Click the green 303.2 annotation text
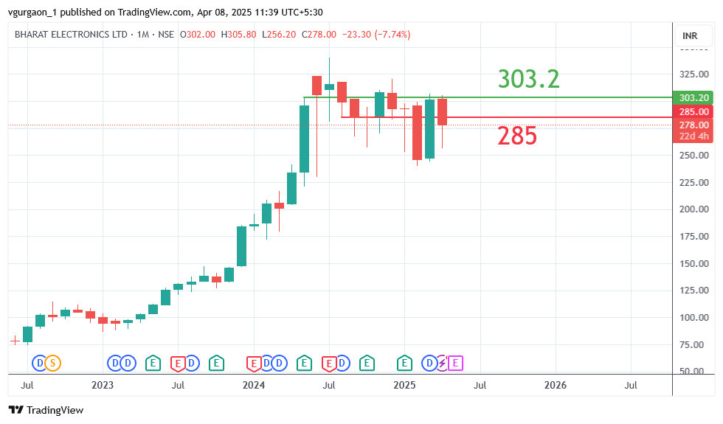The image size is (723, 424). tap(528, 79)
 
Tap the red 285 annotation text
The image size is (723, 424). tap(516, 136)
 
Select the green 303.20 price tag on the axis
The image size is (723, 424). tap(693, 98)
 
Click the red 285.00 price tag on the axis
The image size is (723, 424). tap(693, 112)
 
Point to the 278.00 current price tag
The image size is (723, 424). tap(693, 125)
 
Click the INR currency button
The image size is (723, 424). tap(690, 35)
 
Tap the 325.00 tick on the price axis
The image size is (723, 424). tap(693, 74)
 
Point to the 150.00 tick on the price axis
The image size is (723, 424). tap(693, 263)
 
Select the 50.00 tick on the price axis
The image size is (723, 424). tap(693, 372)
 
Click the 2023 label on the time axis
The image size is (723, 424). tap(103, 385)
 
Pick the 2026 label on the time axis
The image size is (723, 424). tap(555, 385)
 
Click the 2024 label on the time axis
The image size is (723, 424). tap(254, 385)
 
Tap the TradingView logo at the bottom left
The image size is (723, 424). tap(46, 410)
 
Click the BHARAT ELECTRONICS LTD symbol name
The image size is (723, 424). tap(71, 35)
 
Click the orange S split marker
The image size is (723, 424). tap(52, 363)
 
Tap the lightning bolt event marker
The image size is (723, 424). tap(443, 363)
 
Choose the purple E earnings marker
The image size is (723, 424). tap(455, 363)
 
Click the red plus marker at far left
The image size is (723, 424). tap(14, 340)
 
